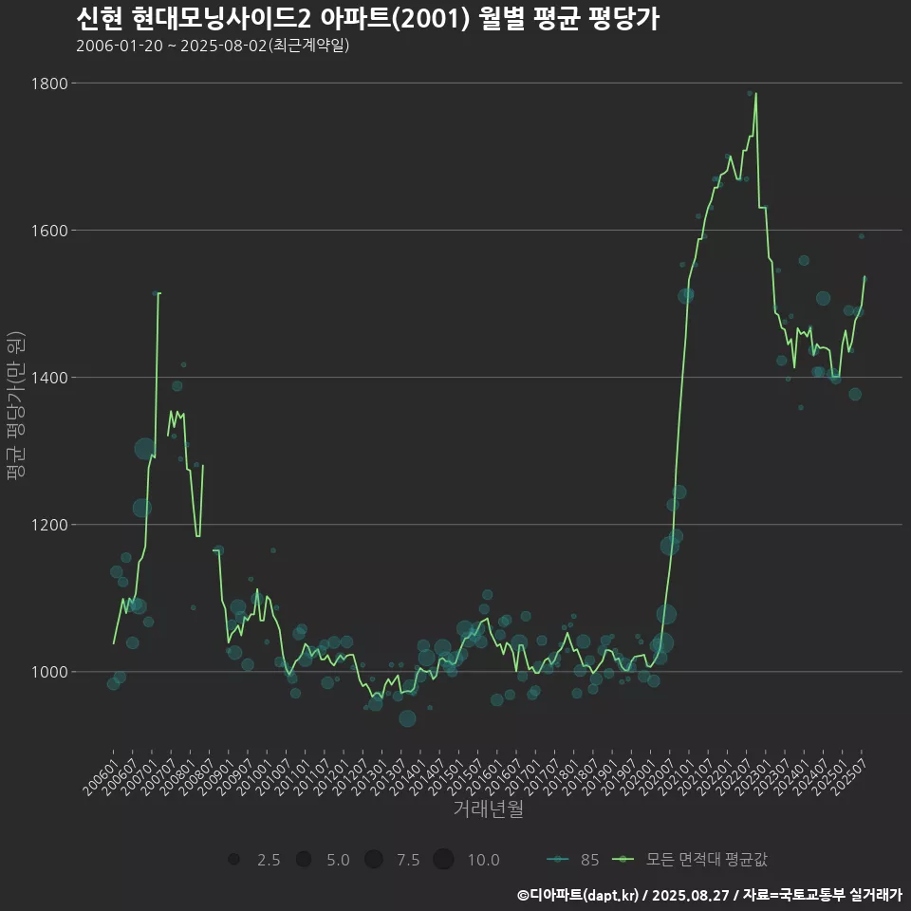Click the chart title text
366,18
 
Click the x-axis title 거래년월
488,809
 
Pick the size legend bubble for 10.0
443,860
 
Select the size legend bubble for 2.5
233,860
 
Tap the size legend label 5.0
338,860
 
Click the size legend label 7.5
408,860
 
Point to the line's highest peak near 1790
755,94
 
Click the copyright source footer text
709,894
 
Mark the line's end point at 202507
865,276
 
